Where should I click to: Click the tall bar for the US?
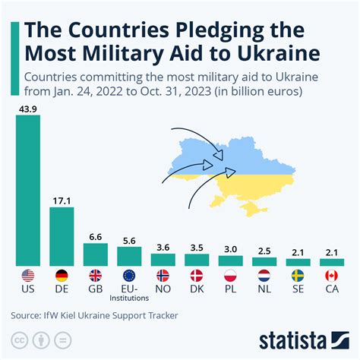click(28, 190)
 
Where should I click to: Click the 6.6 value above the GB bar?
click(95, 236)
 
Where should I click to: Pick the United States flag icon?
click(28, 276)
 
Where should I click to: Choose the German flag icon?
click(62, 276)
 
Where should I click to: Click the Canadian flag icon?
click(331, 276)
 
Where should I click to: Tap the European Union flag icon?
click(128, 276)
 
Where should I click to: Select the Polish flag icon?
click(230, 276)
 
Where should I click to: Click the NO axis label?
click(163, 290)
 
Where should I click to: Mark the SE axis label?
click(298, 290)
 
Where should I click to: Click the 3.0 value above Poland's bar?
click(230, 248)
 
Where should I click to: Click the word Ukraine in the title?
click(295, 54)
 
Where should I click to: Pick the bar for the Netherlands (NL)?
click(264, 261)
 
